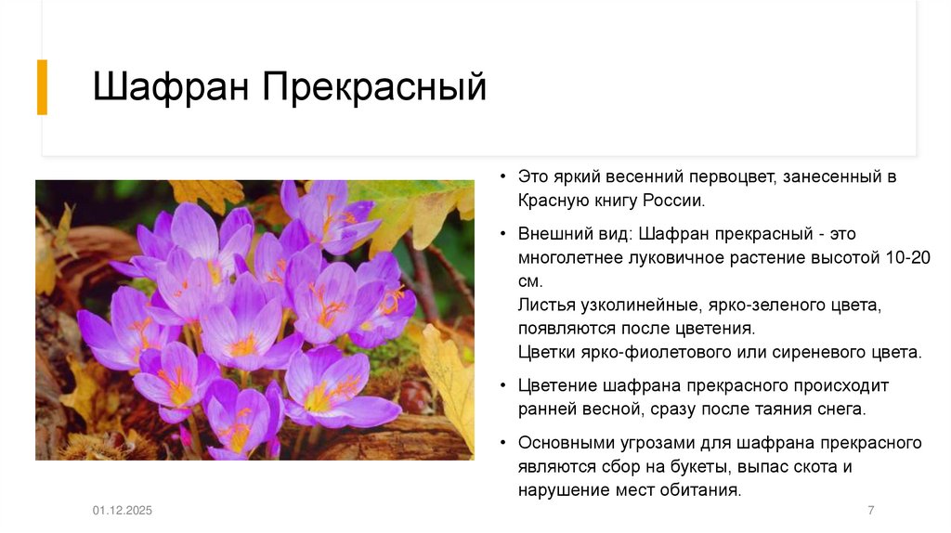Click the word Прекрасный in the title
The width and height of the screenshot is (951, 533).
coord(374,88)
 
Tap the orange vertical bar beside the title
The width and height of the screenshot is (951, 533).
coord(42,87)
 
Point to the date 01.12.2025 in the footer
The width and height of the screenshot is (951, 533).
coord(122,511)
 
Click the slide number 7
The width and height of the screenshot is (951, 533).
coord(870,511)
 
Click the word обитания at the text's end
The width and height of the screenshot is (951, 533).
coord(703,490)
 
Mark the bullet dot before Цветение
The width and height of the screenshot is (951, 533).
coord(502,385)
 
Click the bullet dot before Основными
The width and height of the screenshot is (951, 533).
coord(502,443)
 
